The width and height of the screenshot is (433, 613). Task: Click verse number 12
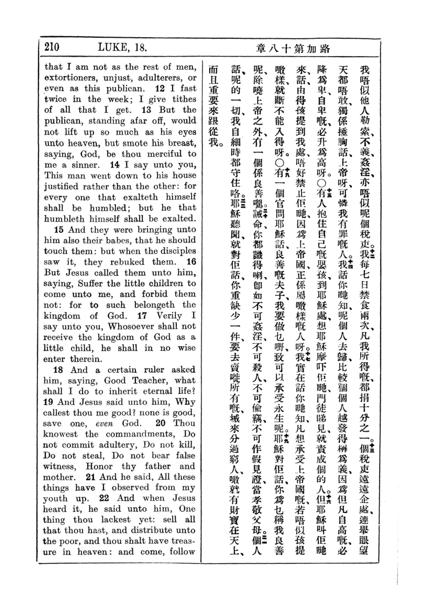[x=160, y=88]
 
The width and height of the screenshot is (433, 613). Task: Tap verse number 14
[x=115, y=165]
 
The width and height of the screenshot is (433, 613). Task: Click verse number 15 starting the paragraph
[x=59, y=230]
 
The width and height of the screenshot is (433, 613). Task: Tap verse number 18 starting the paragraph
[x=58, y=370]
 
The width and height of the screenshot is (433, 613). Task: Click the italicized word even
[x=105, y=424]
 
